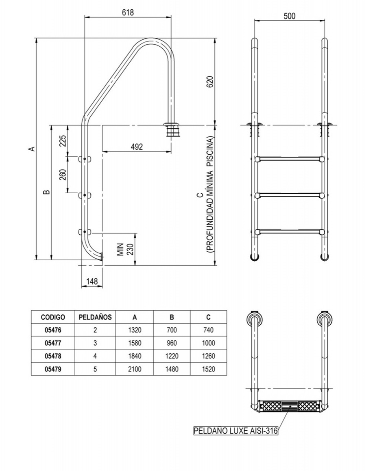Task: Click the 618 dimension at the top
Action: [x=128, y=12]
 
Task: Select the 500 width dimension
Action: [x=290, y=16]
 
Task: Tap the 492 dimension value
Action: [x=137, y=147]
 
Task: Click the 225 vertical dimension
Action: [x=62, y=141]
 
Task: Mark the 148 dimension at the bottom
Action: [x=91, y=281]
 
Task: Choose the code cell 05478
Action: [x=53, y=356]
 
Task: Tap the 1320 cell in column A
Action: [x=134, y=330]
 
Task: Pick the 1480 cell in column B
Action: [x=172, y=369]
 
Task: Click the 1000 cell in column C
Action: [x=208, y=343]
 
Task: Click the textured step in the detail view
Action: [x=290, y=405]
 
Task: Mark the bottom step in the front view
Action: [x=290, y=232]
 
